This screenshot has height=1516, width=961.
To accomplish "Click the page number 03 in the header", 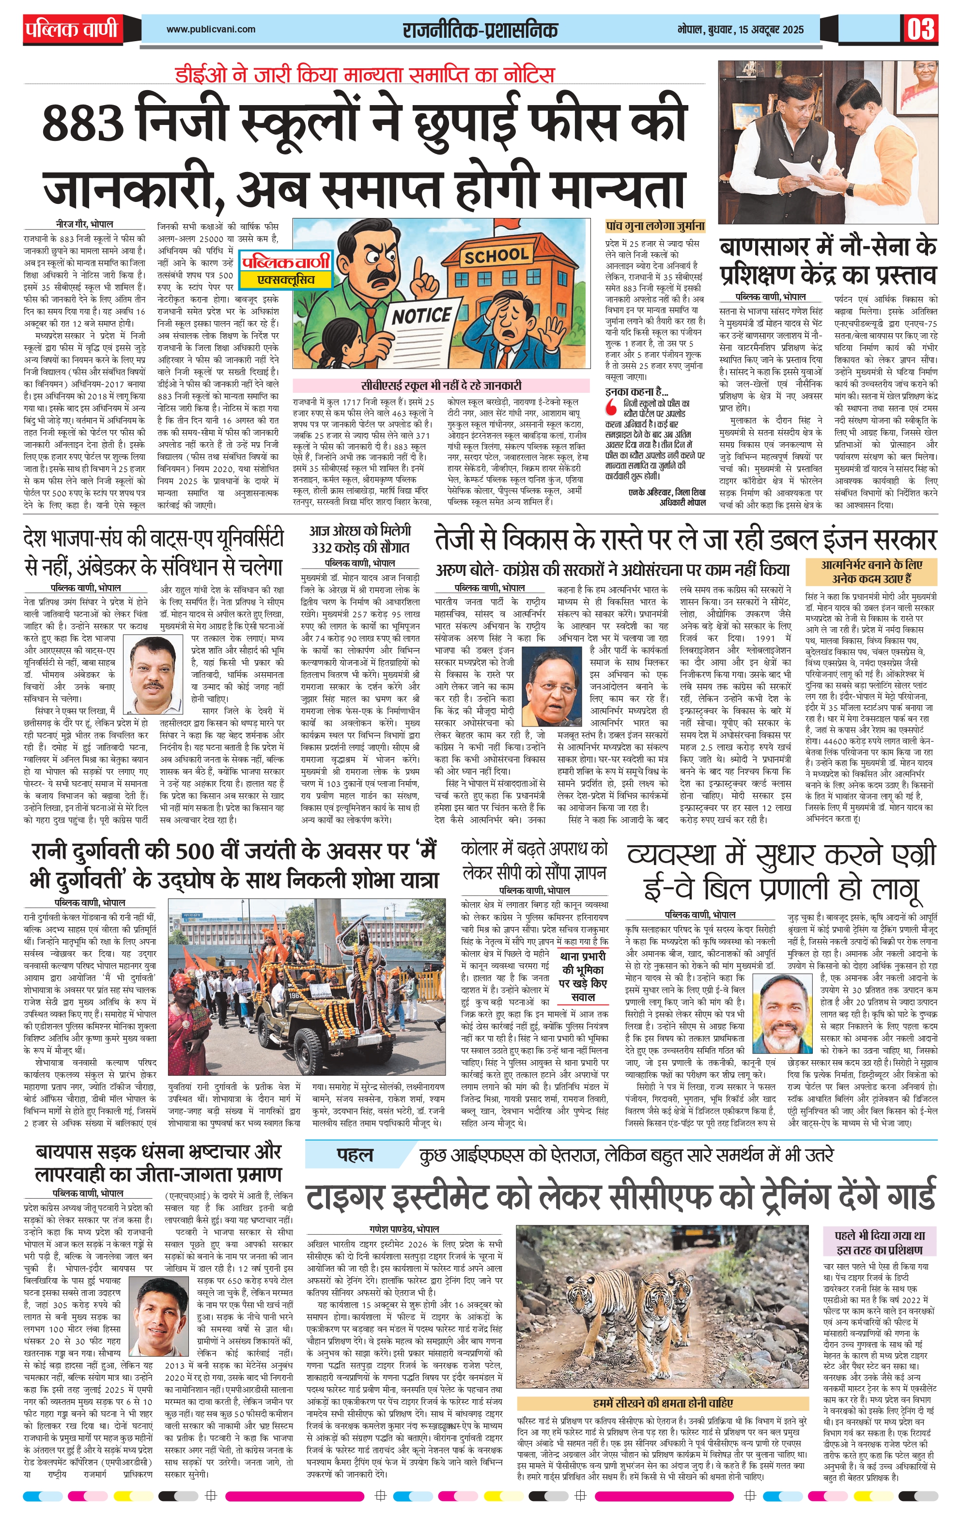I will (x=921, y=29).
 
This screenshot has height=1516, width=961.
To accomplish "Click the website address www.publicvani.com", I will (x=211, y=29).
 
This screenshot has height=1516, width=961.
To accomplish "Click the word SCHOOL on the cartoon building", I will (x=496, y=256).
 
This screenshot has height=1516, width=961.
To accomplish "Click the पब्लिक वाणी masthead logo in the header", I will (x=73, y=30).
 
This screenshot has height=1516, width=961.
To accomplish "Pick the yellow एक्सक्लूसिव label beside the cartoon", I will (x=287, y=279).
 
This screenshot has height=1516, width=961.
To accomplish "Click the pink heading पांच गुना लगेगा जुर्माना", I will (x=655, y=225).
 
